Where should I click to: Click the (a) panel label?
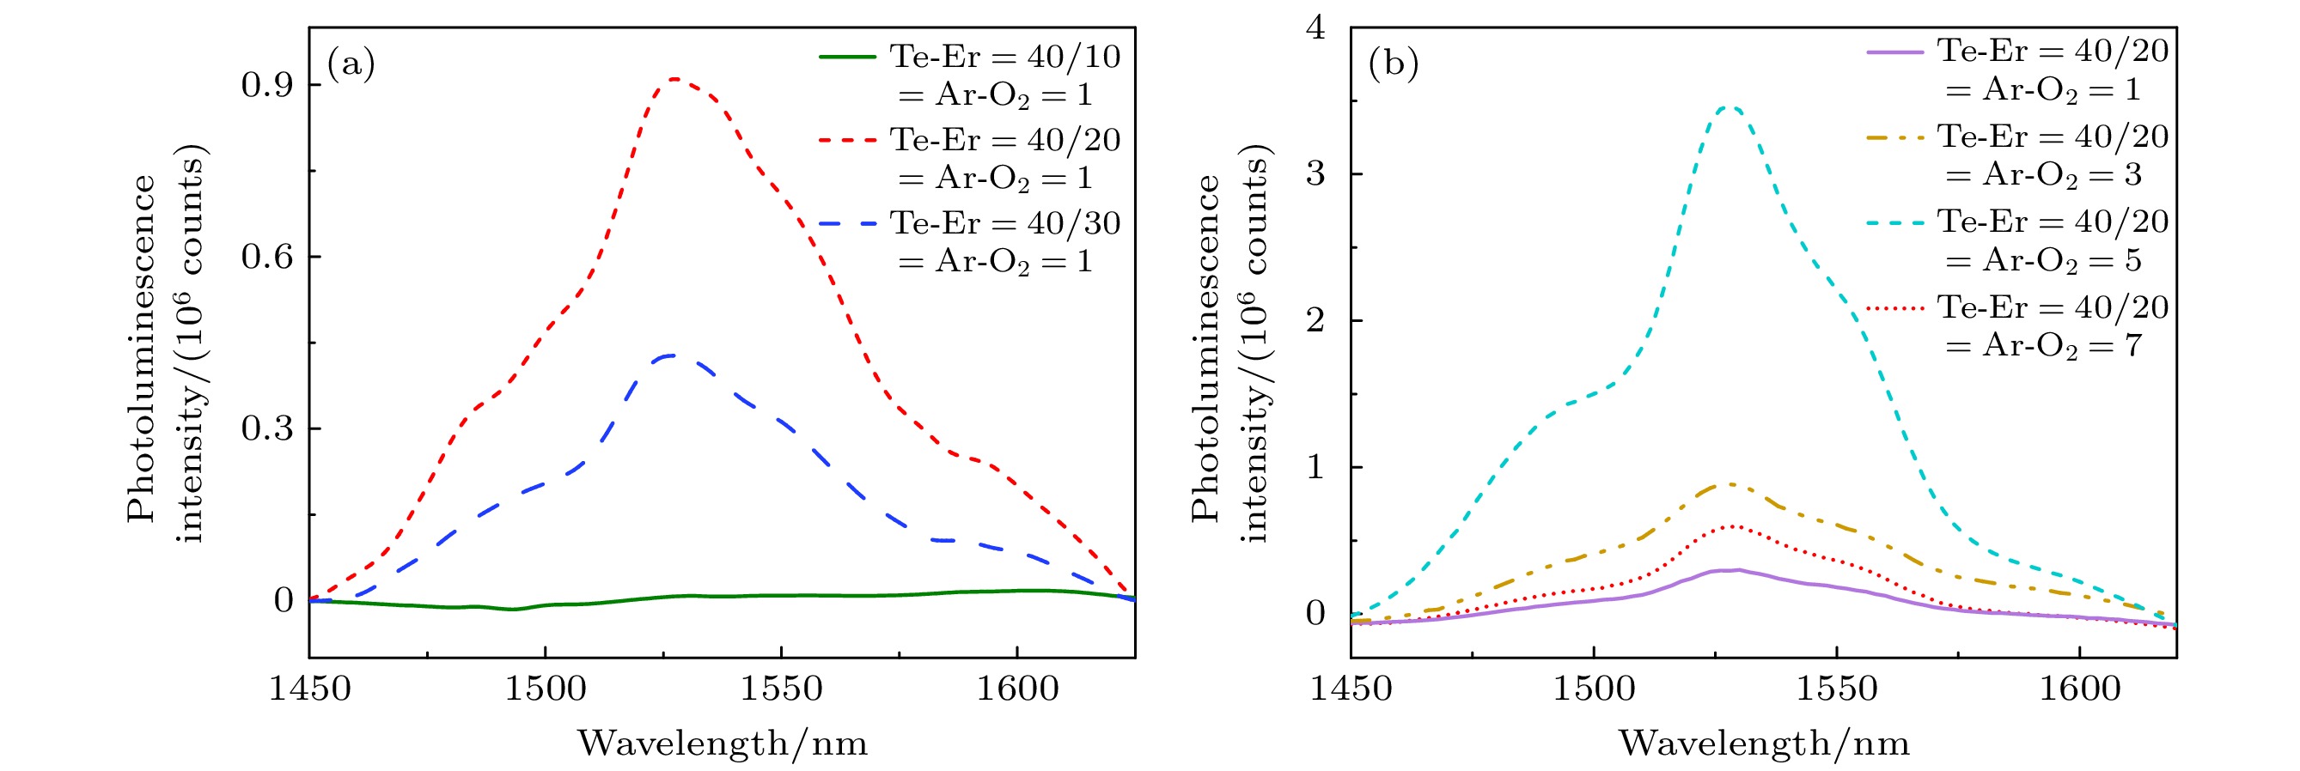pyautogui.click(x=351, y=64)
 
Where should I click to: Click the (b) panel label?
pyautogui.click(x=1394, y=64)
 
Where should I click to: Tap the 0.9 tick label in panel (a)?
pyautogui.click(x=268, y=86)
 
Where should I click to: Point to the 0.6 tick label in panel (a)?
pyautogui.click(x=268, y=257)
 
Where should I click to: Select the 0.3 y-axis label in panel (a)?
pyautogui.click(x=268, y=428)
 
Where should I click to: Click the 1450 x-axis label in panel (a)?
pyautogui.click(x=310, y=689)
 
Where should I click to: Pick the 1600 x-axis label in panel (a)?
pyautogui.click(x=1017, y=689)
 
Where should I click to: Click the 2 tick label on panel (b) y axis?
pyautogui.click(x=1315, y=320)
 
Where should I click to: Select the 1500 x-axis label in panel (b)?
pyautogui.click(x=1594, y=689)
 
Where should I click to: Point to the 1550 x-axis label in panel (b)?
pyautogui.click(x=1837, y=689)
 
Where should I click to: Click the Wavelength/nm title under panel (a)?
pyautogui.click(x=723, y=744)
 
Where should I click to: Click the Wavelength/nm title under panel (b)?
pyautogui.click(x=1763, y=744)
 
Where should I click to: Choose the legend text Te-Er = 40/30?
pyautogui.click(x=1005, y=223)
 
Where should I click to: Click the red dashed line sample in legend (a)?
pyautogui.click(x=847, y=140)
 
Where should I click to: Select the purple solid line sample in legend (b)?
pyautogui.click(x=1894, y=52)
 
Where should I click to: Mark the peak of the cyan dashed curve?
pyautogui.click(x=1729, y=108)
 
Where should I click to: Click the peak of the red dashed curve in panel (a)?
pyautogui.click(x=675, y=80)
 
